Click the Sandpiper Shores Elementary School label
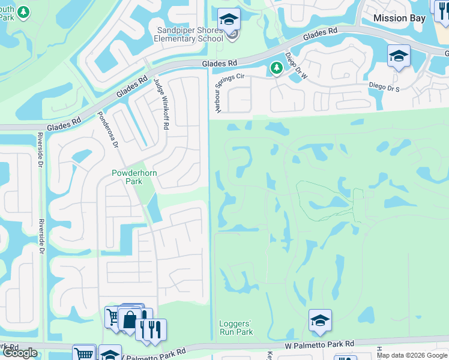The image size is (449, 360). (x=190, y=35)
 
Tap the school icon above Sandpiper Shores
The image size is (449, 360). (x=229, y=20)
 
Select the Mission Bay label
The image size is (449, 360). (x=399, y=19)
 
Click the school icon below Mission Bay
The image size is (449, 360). (x=399, y=57)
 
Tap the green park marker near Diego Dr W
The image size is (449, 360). (x=276, y=68)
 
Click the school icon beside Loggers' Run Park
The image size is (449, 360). (x=321, y=321)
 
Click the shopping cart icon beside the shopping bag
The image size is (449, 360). (x=113, y=316)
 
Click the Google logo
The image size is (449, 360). (x=20, y=353)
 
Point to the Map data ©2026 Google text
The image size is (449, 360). (x=412, y=355)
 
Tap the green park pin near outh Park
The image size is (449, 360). (x=23, y=11)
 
